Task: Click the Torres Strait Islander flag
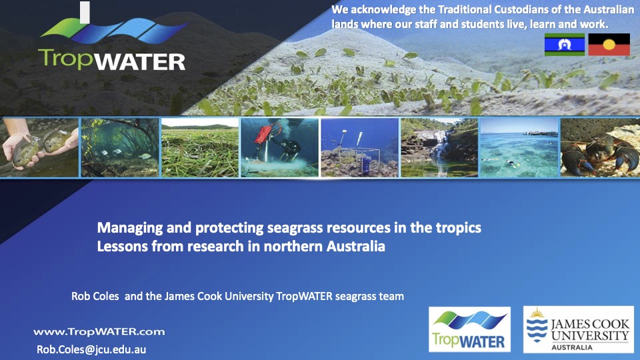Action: point(565,45)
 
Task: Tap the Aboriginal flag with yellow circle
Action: point(609,45)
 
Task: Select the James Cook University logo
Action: point(579,330)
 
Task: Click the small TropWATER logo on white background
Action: point(469,329)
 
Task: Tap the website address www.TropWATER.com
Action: point(99,332)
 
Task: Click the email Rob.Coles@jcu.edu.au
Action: point(91,349)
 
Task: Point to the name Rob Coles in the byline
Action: point(95,296)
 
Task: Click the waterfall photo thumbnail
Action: point(439,147)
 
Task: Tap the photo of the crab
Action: point(600,147)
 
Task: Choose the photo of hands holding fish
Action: point(39,147)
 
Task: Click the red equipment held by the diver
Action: point(263,135)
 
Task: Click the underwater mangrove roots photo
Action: point(119,147)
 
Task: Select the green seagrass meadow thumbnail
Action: point(200,147)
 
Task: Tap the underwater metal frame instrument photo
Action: point(359,147)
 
